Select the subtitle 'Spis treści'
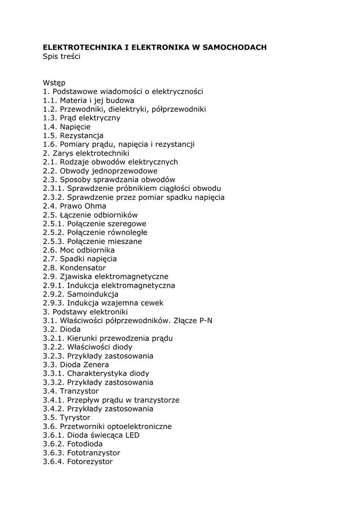[x=62, y=56]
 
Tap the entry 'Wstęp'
[x=54, y=83]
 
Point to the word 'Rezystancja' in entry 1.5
[x=82, y=136]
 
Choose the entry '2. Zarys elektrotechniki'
[x=86, y=153]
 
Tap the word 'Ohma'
[x=95, y=206]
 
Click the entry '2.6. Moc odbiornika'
[x=79, y=250]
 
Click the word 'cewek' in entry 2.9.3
[x=152, y=303]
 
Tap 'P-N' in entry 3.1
[x=205, y=321]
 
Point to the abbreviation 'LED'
[x=131, y=435]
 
